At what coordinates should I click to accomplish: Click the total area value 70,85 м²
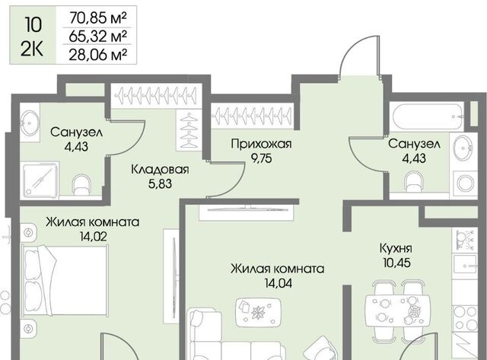tap(98, 18)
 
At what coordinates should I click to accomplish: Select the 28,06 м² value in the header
tap(98, 55)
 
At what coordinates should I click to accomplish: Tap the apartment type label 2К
tap(32, 49)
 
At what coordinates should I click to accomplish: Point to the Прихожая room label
tap(261, 144)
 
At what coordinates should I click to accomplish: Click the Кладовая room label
tap(160, 170)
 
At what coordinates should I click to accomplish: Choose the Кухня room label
tap(396, 248)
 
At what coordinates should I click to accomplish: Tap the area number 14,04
tap(278, 283)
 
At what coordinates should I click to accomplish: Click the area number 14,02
tap(93, 237)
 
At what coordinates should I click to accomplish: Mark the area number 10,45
tap(396, 263)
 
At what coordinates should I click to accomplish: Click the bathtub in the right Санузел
tap(428, 117)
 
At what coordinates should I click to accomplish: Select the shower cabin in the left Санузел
tap(40, 180)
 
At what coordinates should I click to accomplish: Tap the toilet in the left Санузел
tap(81, 185)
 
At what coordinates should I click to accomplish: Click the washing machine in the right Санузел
tap(465, 183)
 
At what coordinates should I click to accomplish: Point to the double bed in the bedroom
tap(65, 280)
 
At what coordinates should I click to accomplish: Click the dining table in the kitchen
tap(398, 311)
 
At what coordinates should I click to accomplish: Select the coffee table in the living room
tap(259, 313)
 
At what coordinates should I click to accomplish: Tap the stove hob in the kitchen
tap(465, 317)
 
